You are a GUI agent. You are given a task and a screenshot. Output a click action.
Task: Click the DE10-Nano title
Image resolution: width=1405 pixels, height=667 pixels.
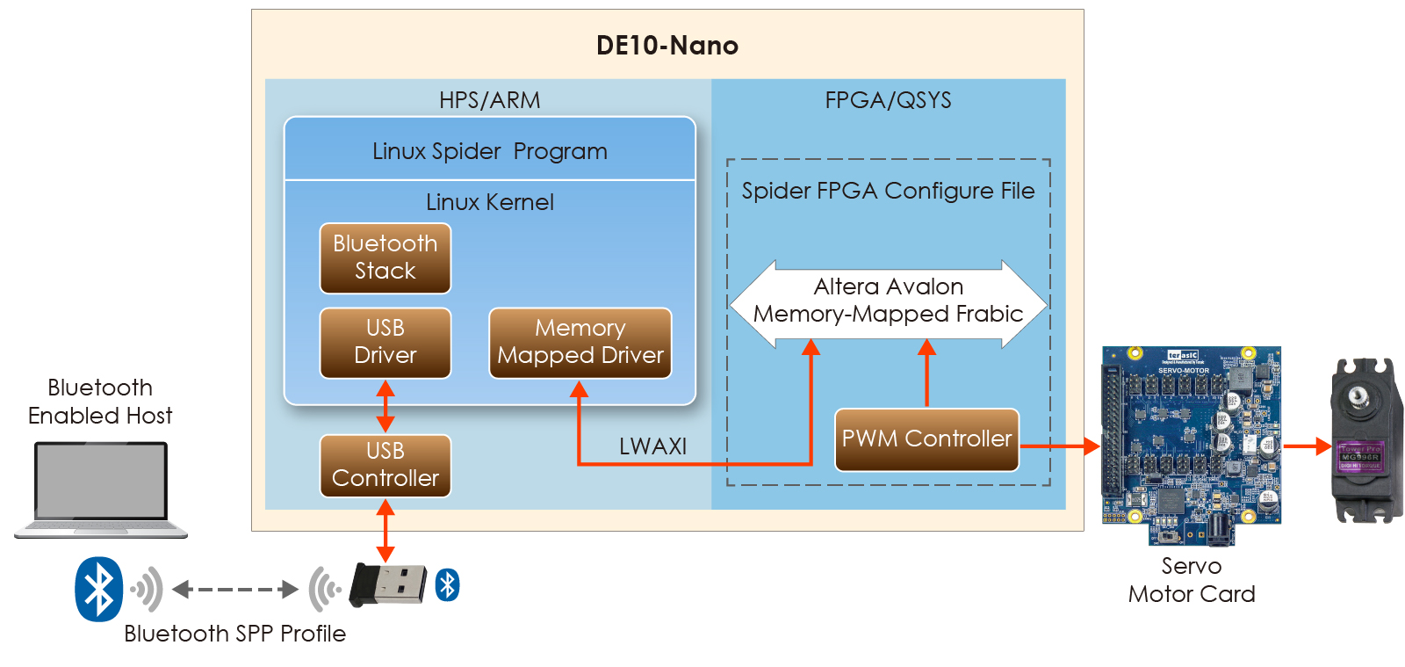click(666, 46)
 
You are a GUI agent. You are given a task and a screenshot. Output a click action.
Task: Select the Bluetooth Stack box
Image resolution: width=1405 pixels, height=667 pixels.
click(385, 257)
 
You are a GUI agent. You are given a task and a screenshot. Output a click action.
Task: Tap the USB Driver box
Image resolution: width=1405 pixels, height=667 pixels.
click(385, 342)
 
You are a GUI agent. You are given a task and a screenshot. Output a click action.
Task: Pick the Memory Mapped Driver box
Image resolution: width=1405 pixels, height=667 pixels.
click(580, 342)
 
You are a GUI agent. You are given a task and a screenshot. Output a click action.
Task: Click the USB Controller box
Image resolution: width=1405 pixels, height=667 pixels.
click(385, 465)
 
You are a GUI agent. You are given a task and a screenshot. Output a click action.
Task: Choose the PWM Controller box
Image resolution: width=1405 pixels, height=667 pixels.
click(926, 439)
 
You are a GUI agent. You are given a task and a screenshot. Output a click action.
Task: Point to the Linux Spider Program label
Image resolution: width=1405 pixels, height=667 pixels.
click(489, 151)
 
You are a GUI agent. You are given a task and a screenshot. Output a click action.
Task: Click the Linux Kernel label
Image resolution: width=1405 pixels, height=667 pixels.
click(489, 202)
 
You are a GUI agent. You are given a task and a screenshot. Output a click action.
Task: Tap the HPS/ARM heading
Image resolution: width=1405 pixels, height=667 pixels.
click(489, 100)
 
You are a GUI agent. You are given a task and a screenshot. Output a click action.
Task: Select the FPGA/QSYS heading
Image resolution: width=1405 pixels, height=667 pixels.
click(888, 100)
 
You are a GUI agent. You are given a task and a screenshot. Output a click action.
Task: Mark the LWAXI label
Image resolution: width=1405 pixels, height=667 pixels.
click(652, 446)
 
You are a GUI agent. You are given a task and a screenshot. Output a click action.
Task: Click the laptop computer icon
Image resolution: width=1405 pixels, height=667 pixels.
click(101, 489)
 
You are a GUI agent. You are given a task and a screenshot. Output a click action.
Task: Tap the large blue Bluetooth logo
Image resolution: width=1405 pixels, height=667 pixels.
click(98, 589)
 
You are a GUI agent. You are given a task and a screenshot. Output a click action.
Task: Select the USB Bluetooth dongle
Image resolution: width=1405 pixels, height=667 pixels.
click(388, 584)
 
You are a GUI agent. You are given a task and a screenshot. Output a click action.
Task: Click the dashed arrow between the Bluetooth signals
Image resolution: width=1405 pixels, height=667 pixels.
click(235, 589)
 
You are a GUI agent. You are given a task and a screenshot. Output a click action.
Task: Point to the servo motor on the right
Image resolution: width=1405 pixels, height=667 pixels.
click(1362, 440)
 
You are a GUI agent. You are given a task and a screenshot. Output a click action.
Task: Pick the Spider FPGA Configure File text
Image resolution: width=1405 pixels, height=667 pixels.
click(888, 191)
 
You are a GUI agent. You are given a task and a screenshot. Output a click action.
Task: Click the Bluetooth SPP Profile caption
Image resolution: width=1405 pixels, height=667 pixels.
click(234, 634)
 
